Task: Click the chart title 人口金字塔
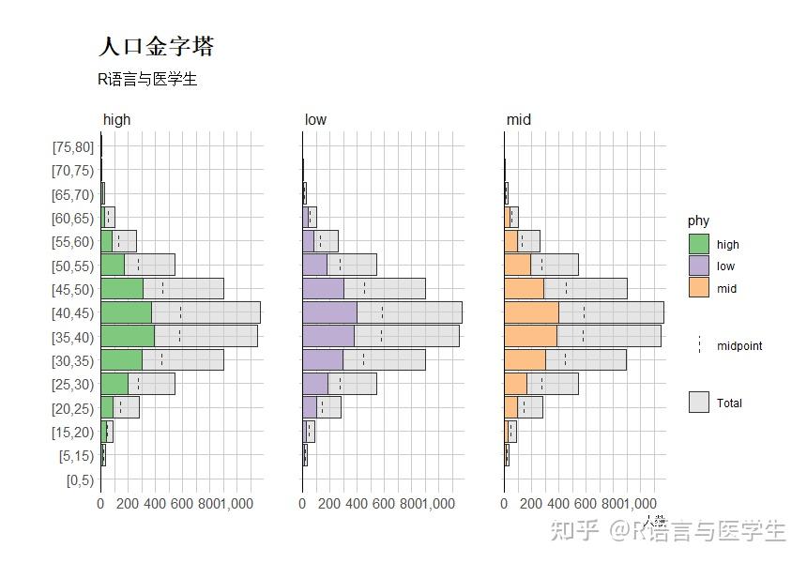(x=156, y=46)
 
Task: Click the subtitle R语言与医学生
(x=147, y=80)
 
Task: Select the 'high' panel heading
(x=117, y=120)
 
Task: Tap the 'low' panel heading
(x=315, y=120)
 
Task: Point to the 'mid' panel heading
(x=518, y=120)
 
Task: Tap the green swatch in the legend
(x=698, y=244)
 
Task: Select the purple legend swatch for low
(x=698, y=266)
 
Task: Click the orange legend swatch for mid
(x=698, y=288)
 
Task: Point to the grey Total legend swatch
(x=698, y=403)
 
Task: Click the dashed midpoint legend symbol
(x=698, y=345)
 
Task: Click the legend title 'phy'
(x=698, y=221)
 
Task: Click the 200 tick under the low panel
(x=329, y=504)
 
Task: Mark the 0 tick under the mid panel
(x=504, y=504)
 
